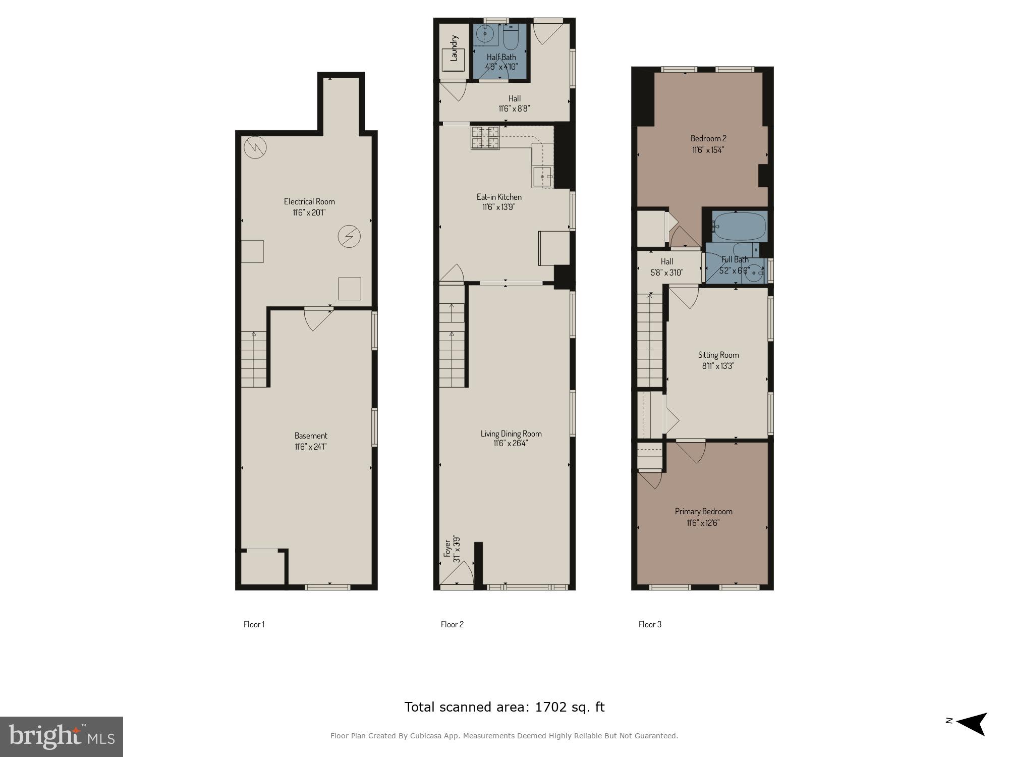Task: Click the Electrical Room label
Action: [309, 201]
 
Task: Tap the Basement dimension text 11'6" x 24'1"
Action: [311, 447]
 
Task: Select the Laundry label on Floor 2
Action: [454, 48]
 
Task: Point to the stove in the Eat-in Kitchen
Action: [485, 138]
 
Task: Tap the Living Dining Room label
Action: [511, 434]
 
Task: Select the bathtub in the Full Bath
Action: [740, 226]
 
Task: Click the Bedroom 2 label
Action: [708, 138]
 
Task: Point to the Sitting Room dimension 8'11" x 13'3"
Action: [718, 366]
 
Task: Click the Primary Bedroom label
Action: [703, 511]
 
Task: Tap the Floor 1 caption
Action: [254, 624]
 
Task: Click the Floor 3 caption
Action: [650, 624]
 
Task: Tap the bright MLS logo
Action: [62, 737]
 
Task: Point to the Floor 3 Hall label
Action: [667, 261]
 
